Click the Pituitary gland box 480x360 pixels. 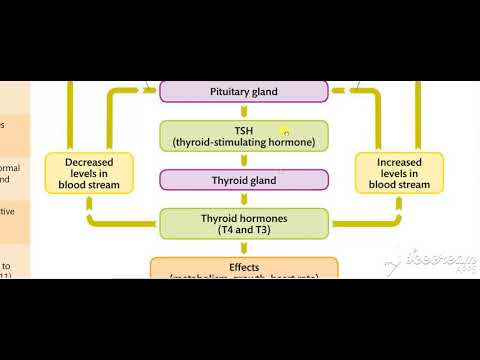(244, 91)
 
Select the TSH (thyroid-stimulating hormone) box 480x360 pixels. (244, 135)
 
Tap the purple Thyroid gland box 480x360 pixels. (244, 180)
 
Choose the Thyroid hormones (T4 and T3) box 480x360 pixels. (244, 223)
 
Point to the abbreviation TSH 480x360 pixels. (244, 129)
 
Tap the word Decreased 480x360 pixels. (90, 160)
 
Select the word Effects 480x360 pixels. (244, 267)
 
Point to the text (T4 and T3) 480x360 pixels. (244, 230)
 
